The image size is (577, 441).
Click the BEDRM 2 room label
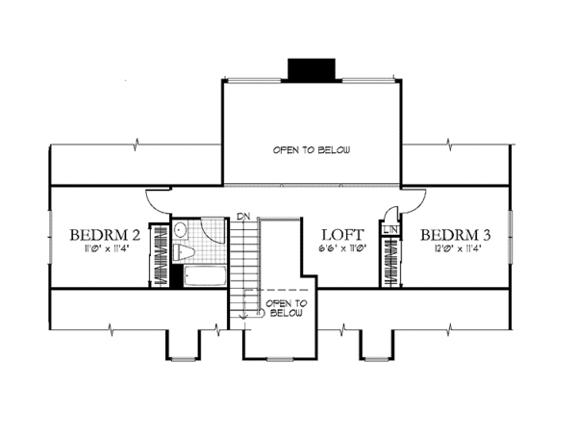click(107, 235)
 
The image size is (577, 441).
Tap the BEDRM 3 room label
click(455, 235)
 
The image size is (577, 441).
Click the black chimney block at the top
click(310, 69)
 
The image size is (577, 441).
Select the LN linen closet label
click(390, 230)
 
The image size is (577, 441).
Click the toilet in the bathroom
click(187, 253)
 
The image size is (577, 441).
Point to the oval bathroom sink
click(180, 230)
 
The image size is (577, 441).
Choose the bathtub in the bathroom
click(205, 277)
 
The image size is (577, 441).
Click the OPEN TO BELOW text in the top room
click(311, 150)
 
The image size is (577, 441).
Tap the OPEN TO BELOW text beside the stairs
click(287, 308)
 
